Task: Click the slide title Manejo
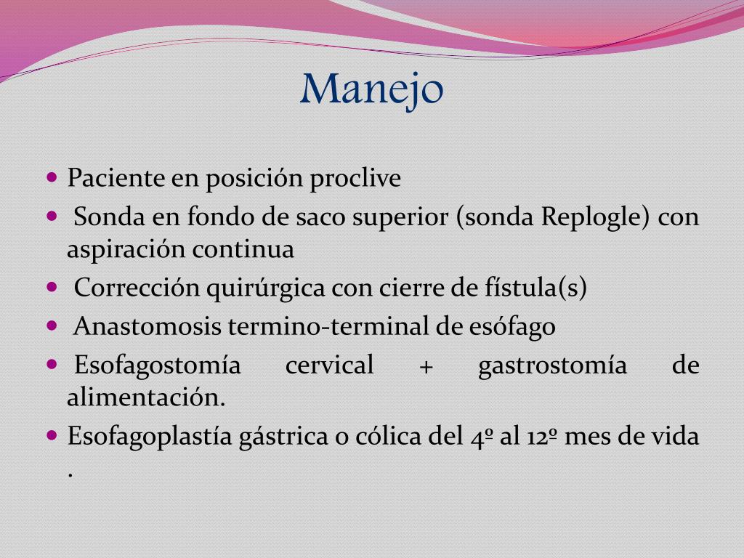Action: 371,89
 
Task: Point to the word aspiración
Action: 126,250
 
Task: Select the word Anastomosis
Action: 148,327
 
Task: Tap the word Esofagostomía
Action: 157,365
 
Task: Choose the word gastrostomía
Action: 552,365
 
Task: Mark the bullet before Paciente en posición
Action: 52,177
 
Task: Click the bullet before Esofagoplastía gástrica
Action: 52,436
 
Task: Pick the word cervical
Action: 329,365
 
